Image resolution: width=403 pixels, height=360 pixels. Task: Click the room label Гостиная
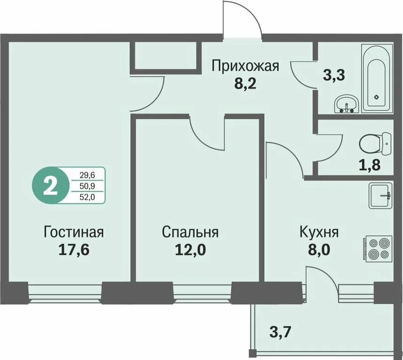pos(74,232)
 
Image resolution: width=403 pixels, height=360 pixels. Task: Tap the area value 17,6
pos(74,249)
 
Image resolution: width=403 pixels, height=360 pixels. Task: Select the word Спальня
pos(190,232)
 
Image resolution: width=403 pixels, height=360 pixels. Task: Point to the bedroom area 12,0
pos(190,249)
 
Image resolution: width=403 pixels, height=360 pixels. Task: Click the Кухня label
pos(319,232)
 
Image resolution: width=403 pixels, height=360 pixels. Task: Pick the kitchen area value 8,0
pos(319,249)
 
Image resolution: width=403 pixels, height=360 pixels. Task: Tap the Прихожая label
pos(245,66)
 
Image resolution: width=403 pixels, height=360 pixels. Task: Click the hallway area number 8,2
pos(245,84)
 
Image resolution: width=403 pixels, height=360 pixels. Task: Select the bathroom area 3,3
pos(334,75)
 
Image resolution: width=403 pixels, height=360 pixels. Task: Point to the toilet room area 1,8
pos(370,165)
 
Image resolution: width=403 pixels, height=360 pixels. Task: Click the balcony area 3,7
pos(280,332)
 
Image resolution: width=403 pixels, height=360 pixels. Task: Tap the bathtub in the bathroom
pos(377,79)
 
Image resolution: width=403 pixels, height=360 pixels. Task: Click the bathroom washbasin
pos(346,104)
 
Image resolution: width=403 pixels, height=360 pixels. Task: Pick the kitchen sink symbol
pos(380,195)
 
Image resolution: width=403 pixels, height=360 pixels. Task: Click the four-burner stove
pos(378,248)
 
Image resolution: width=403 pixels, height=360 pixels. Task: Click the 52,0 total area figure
pos(87,197)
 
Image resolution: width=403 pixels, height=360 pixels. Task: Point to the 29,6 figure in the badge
pos(87,175)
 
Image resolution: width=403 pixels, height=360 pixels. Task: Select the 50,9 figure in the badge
pos(87,186)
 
